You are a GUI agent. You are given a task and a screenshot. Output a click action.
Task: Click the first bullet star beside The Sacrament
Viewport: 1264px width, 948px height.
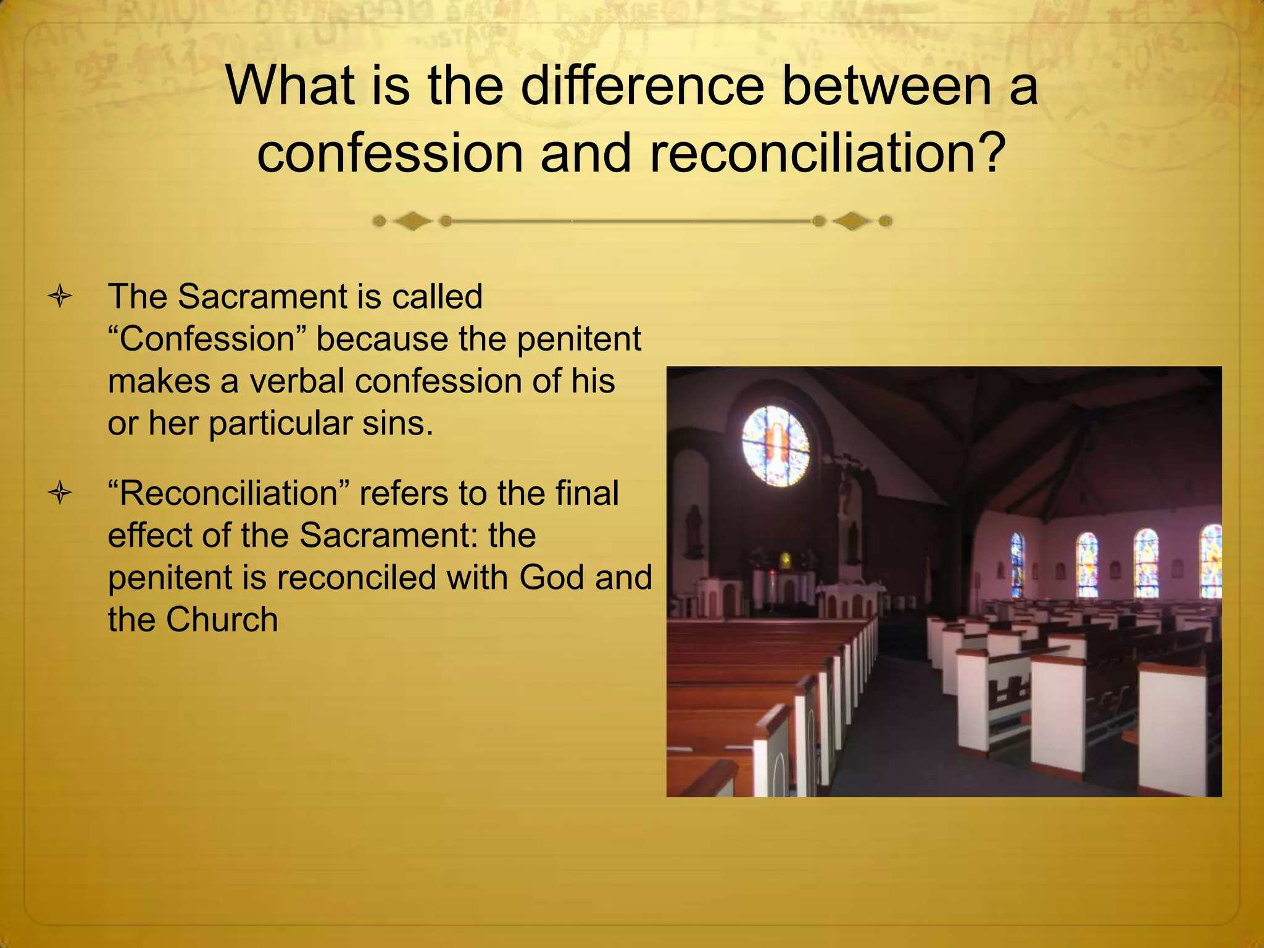point(60,297)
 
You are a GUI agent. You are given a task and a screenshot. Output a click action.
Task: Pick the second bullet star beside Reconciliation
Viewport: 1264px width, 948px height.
point(60,494)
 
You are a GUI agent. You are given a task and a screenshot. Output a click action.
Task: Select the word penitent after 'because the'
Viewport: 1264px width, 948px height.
point(578,339)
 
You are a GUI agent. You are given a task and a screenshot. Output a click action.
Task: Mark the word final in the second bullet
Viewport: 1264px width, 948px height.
point(586,494)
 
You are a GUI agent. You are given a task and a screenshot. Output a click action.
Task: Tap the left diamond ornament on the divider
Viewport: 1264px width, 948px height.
point(412,221)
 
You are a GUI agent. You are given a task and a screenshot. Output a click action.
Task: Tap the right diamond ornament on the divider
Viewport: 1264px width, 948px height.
point(852,221)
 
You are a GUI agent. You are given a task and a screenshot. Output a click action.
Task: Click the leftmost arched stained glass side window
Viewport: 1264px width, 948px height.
point(1017,565)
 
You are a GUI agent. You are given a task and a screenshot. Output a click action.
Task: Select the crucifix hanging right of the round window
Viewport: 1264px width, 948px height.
point(843,488)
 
